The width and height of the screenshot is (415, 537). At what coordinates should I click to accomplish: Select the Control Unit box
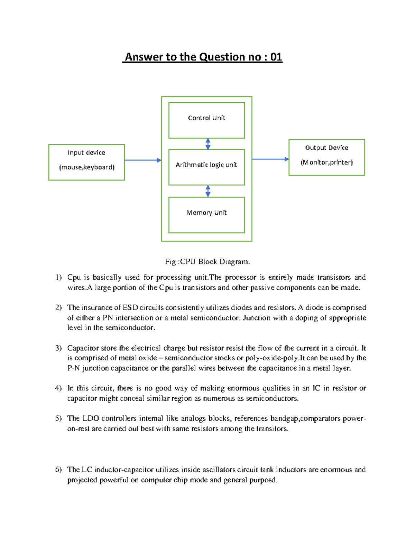click(x=206, y=120)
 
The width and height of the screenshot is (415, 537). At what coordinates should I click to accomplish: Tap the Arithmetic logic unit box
click(x=206, y=167)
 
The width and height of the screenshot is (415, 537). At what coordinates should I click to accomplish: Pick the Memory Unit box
click(x=206, y=215)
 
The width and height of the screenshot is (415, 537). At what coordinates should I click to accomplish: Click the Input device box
click(x=86, y=162)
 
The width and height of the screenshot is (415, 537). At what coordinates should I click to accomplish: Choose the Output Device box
click(x=326, y=157)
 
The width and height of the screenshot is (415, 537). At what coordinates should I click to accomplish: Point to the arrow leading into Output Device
click(x=270, y=159)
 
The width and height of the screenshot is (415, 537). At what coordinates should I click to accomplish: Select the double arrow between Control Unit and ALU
click(x=208, y=144)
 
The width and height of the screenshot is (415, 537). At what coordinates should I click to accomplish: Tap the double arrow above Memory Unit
click(x=208, y=191)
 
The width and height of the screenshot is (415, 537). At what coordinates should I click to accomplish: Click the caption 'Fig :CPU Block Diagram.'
click(x=207, y=261)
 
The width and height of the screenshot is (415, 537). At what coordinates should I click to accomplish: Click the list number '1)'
click(x=58, y=277)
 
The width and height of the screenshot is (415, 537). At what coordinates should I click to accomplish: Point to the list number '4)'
click(x=58, y=388)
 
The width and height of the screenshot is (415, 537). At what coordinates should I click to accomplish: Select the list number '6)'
click(x=58, y=470)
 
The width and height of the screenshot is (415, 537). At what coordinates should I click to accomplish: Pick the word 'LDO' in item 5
click(x=90, y=418)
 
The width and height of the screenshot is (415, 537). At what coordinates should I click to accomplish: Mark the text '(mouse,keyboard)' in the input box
click(x=87, y=167)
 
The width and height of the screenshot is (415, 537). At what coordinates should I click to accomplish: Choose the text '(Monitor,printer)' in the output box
click(x=326, y=163)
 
